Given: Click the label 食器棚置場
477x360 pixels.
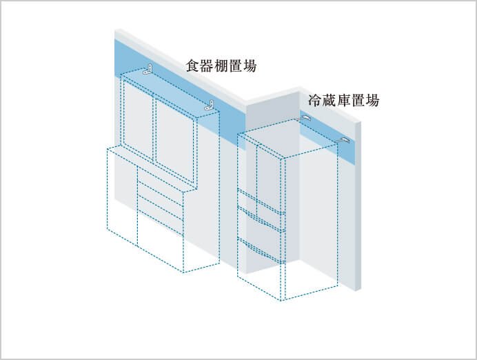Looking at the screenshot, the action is pyautogui.click(x=221, y=66).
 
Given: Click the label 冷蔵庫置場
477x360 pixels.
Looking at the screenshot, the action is pyautogui.click(x=344, y=101).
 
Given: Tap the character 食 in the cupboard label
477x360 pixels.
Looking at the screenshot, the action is pyautogui.click(x=193, y=66).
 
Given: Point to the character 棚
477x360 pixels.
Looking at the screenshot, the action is pyautogui.click(x=221, y=66).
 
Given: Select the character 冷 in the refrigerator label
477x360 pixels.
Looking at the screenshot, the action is pyautogui.click(x=315, y=101).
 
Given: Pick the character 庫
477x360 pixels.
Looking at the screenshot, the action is pyautogui.click(x=344, y=101).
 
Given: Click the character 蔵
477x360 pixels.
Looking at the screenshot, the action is pyautogui.click(x=329, y=101).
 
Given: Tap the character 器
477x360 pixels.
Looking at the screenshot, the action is pyautogui.click(x=207, y=66).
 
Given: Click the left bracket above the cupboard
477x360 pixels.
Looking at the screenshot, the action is pyautogui.click(x=148, y=70).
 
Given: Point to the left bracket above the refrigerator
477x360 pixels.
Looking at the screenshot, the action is pyautogui.click(x=306, y=118).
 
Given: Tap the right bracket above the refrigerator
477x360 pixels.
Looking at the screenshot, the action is pyautogui.click(x=344, y=141).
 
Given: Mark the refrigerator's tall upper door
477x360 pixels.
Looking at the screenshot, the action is pyautogui.click(x=270, y=181).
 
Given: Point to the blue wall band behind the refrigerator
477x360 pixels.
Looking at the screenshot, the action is pyautogui.click(x=327, y=135).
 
